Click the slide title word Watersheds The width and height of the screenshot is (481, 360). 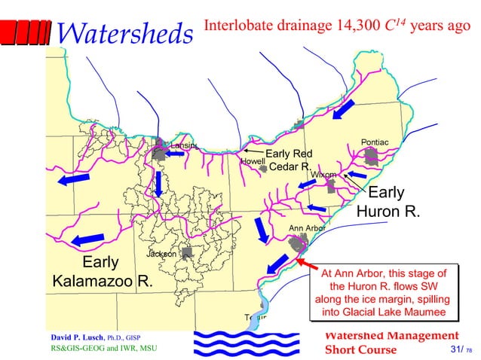(125, 32)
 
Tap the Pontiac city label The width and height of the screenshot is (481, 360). (375, 142)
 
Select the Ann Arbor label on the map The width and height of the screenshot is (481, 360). (307, 227)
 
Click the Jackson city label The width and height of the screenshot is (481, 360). (161, 254)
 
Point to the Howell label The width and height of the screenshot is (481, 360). (251, 161)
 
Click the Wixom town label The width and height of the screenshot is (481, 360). (323, 175)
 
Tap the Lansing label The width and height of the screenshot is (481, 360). (184, 145)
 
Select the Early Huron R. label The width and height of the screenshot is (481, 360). (388, 201)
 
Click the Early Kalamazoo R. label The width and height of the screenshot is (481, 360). (103, 273)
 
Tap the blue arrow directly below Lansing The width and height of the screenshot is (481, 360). (159, 182)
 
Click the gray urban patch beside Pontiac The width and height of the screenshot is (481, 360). (372, 157)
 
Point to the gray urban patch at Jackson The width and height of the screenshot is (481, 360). (187, 253)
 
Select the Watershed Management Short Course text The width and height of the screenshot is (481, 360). (390, 342)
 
